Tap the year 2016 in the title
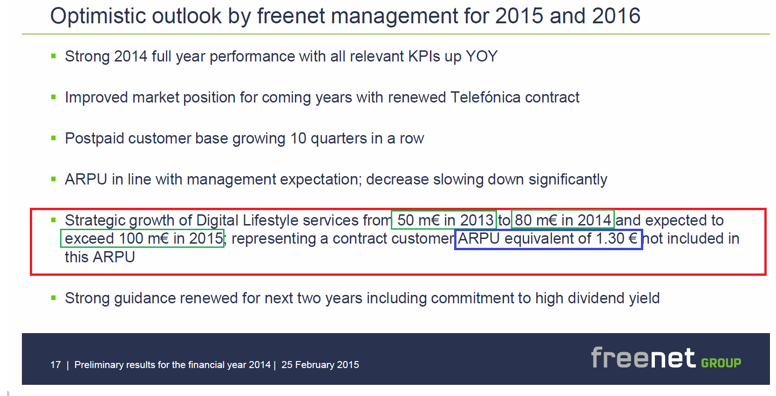(x=616, y=16)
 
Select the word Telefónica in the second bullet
(x=485, y=97)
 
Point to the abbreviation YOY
(x=482, y=56)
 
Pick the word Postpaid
(x=94, y=138)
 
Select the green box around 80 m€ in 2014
(x=563, y=210)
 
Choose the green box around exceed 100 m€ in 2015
(x=142, y=230)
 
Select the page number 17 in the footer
(x=56, y=365)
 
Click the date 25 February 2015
(x=320, y=365)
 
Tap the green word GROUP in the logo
(x=721, y=363)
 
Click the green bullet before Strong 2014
(x=54, y=56)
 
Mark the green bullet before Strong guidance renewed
(x=54, y=298)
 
